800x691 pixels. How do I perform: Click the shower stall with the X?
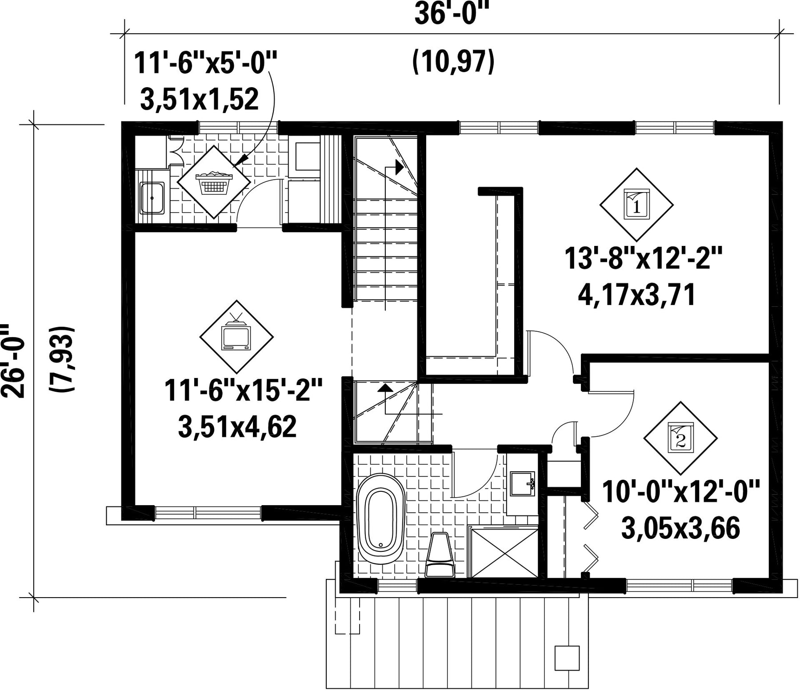(x=504, y=552)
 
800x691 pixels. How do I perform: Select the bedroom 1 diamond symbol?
(x=636, y=205)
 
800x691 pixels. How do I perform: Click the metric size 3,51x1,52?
(x=200, y=99)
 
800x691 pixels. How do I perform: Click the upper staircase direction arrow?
(x=399, y=167)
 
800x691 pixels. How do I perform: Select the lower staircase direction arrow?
(x=385, y=387)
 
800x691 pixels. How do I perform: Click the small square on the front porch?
(x=567, y=657)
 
